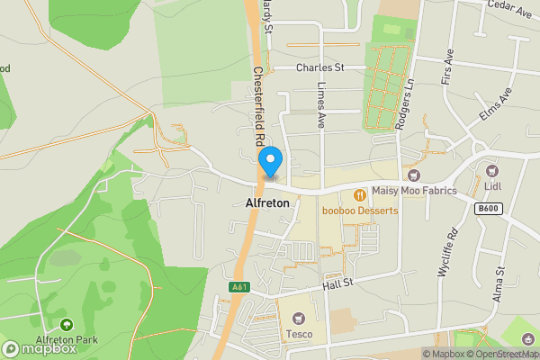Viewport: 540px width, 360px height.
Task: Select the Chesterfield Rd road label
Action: tap(257, 107)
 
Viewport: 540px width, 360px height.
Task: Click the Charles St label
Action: tap(321, 67)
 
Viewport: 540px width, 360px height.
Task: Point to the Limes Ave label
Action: tap(320, 106)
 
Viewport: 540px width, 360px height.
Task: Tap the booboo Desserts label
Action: tap(360, 211)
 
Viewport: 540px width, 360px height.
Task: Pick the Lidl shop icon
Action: tap(491, 170)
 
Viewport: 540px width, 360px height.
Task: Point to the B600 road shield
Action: tap(487, 208)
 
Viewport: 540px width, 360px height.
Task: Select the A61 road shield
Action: tap(238, 287)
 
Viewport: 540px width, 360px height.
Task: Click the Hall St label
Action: tap(341, 285)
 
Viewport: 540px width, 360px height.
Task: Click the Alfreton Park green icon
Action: tap(65, 325)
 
